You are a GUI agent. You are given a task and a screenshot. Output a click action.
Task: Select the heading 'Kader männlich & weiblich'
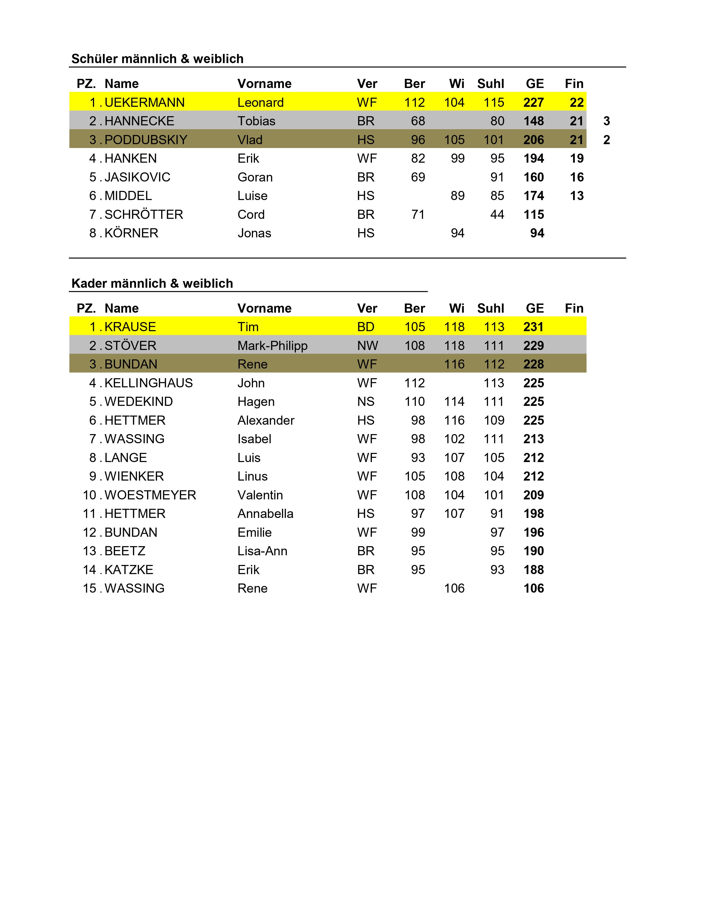[152, 283]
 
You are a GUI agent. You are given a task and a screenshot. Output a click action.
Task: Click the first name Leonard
[260, 102]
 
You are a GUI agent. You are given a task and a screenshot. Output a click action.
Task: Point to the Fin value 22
[576, 102]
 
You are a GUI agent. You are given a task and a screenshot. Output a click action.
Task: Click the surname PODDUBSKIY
[146, 140]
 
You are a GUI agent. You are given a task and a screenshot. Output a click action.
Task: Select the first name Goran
[255, 177]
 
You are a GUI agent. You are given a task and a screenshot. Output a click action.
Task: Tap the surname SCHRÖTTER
[144, 214]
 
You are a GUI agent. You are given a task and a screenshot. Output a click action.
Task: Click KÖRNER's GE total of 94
[537, 233]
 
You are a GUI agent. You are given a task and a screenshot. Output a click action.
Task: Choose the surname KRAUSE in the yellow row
[130, 327]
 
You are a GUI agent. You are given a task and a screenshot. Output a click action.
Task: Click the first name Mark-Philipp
[272, 346]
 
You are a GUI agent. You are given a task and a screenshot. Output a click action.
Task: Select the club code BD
[365, 327]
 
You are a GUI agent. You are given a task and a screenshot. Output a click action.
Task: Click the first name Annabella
[265, 514]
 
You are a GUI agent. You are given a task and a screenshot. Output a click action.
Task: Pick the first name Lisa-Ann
[262, 551]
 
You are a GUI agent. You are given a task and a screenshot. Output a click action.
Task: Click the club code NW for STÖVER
[367, 346]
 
